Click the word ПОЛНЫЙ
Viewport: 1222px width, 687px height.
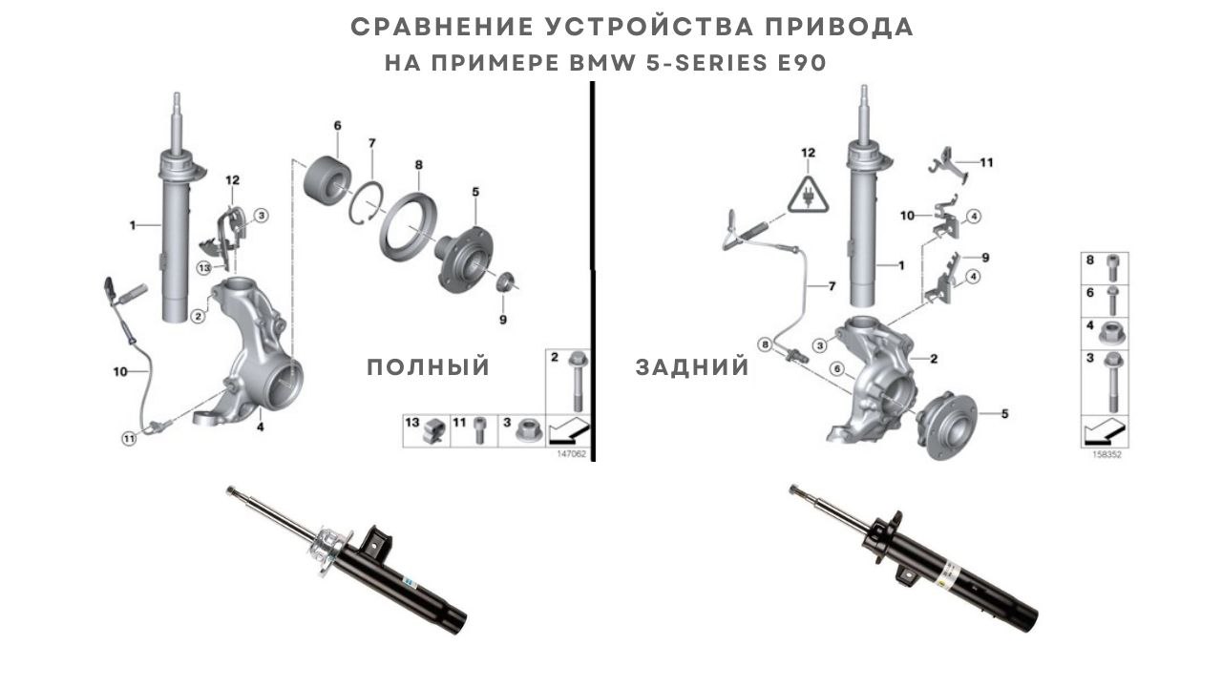[x=428, y=367]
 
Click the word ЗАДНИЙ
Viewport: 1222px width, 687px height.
[x=692, y=367]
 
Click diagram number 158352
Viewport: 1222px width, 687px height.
[x=1106, y=455]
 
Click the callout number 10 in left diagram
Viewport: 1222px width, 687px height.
[x=119, y=371]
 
